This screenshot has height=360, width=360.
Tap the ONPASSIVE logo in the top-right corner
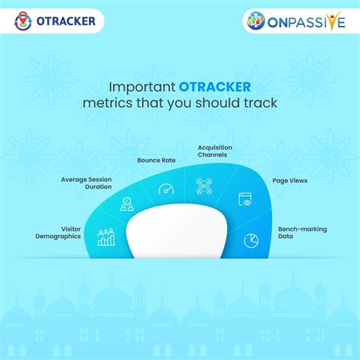tap(298, 21)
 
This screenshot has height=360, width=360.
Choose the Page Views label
tap(289, 181)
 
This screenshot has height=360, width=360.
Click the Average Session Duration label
tap(87, 183)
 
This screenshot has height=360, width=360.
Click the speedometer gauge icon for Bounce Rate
tap(166, 188)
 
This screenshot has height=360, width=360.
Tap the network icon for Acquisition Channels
tap(204, 186)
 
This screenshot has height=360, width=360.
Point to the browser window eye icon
tap(245, 200)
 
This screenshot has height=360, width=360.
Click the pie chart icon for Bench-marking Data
tap(251, 240)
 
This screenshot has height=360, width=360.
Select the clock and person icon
tap(127, 204)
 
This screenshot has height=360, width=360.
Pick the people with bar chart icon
tap(106, 238)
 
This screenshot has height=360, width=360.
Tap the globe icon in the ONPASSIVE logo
tap(256, 21)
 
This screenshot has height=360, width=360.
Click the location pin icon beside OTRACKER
tap(23, 21)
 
